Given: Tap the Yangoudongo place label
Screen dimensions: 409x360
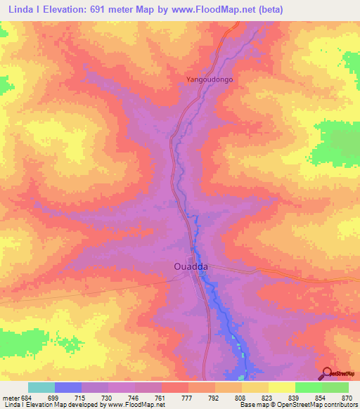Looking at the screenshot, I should tap(209, 80).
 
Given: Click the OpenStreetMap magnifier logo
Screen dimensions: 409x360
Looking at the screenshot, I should tap(327, 374).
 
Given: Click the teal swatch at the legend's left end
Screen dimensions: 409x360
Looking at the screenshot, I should tap(41, 387).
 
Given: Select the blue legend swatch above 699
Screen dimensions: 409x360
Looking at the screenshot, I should tap(67, 387).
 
